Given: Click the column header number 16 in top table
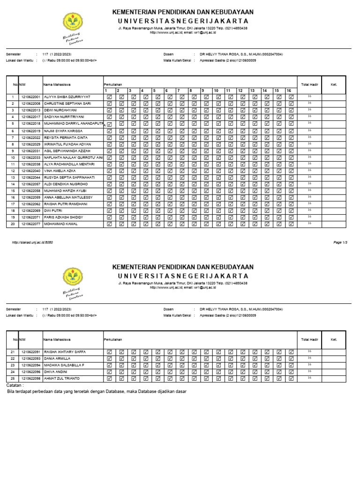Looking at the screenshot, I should coord(289,90).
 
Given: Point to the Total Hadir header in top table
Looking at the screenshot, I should coord(309,84).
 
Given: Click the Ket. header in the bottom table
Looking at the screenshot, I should coord(334,339).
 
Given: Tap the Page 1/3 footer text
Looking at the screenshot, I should coord(340,242).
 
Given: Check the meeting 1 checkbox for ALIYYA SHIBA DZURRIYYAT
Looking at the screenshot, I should coord(109,97).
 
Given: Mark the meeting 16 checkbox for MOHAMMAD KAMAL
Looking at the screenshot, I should coord(291,224).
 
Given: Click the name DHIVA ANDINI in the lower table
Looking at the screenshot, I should coord(56,371).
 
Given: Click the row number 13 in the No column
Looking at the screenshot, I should coord(12,178).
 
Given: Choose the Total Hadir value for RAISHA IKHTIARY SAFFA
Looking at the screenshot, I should coord(309,351).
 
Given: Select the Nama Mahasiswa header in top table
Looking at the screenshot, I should coord(57,84).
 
